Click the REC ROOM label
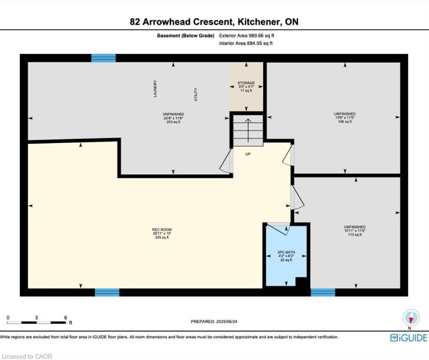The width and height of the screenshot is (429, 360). point(162,230)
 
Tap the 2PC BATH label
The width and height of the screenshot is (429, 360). point(286,252)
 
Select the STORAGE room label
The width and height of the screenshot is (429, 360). point(246,82)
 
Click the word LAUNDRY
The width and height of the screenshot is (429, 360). point(155,89)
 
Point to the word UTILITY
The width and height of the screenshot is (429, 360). point(196,94)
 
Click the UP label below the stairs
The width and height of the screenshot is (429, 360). point(248,154)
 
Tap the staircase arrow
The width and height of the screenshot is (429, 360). point(248,130)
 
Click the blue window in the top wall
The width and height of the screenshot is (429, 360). point(104,58)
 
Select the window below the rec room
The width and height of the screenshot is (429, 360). point(107,292)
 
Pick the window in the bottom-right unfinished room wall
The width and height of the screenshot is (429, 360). point(323,292)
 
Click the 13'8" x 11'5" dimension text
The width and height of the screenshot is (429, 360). point(345,118)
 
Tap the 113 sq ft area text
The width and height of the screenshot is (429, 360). point(355,235)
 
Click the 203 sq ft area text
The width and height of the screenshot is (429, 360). point(173,122)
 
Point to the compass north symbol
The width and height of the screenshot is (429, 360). point(411,318)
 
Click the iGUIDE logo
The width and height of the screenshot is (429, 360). point(409,338)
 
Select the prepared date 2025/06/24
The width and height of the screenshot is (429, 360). point(226,322)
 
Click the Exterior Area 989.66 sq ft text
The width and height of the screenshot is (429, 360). point(246,36)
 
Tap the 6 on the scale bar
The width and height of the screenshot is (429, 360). point(66,317)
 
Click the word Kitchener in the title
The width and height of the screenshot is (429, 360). point(258,22)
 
